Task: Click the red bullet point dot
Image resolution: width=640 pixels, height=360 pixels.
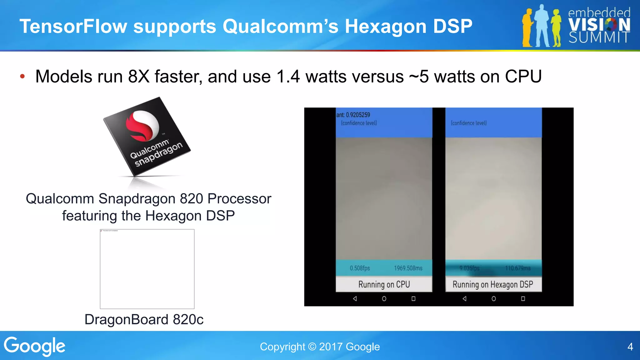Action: click(22, 77)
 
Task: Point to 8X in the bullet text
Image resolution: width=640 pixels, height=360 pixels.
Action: click(139, 77)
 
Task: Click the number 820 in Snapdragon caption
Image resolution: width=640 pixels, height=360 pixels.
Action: click(192, 199)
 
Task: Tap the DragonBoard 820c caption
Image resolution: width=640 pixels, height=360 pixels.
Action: click(144, 319)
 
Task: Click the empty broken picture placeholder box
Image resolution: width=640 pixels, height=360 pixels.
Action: click(147, 269)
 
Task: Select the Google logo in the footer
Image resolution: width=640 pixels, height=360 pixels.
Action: click(35, 346)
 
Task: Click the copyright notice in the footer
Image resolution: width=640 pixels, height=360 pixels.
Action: click(320, 347)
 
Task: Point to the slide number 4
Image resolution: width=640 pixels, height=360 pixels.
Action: click(630, 347)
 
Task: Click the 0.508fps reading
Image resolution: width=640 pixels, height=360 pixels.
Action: click(360, 268)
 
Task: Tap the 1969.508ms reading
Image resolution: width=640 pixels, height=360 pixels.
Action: click(408, 268)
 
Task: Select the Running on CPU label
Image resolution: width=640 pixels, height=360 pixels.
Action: click(384, 284)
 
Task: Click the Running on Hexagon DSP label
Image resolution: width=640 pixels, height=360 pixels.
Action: click(493, 284)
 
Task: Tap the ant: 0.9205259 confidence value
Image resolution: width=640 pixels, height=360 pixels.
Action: click(353, 115)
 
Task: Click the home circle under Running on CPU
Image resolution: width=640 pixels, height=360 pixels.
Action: click(384, 299)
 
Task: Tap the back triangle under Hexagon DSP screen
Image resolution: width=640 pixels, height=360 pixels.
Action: click(464, 299)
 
